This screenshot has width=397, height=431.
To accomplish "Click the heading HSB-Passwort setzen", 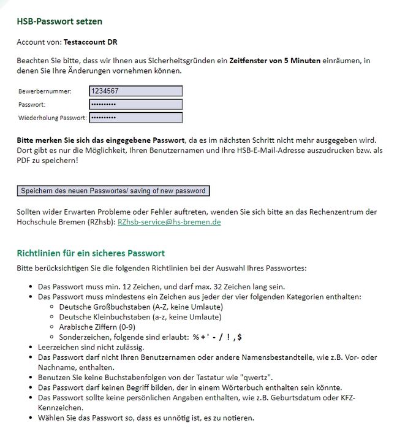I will click(59, 21).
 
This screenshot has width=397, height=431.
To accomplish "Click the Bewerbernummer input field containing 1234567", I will click(135, 91).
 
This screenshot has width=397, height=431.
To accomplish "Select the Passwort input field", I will click(135, 104).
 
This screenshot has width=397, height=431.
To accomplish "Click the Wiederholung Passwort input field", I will click(135, 118).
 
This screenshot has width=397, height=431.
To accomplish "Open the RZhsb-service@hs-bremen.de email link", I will click(168, 222).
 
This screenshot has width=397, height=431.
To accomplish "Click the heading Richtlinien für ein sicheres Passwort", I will click(91, 253).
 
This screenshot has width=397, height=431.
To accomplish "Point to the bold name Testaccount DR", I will click(91, 42).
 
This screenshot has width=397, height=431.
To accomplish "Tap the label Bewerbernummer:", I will click(45, 91).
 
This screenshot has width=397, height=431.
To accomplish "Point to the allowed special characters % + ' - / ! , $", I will click(217, 337).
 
